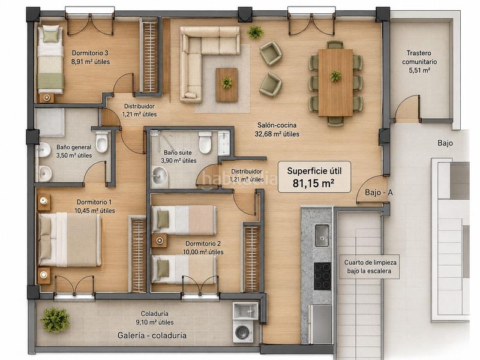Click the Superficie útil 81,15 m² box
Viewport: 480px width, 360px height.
click(314, 177)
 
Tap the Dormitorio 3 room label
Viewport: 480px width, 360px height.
click(91, 57)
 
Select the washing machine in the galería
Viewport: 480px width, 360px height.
click(243, 331)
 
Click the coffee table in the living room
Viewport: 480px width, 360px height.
click(227, 85)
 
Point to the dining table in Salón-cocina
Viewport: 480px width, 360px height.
click(335, 83)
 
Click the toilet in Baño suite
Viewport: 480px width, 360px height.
click(205, 142)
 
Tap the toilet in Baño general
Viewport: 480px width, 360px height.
click(102, 142)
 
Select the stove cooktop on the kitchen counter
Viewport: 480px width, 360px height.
click(322, 276)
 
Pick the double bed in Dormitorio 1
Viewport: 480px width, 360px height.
click(70, 239)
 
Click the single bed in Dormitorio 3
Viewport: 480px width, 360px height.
click(50, 59)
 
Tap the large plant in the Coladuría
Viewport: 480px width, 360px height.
click(55, 320)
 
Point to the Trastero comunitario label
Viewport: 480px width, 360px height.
click(419, 62)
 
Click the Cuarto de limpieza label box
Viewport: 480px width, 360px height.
click(370, 266)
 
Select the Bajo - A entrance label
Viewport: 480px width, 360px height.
click(379, 193)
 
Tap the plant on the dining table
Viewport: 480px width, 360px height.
click(336, 76)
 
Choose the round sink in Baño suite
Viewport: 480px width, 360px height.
click(159, 176)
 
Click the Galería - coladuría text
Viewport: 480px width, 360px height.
click(152, 335)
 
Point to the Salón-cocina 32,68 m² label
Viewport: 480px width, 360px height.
click(277, 130)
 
